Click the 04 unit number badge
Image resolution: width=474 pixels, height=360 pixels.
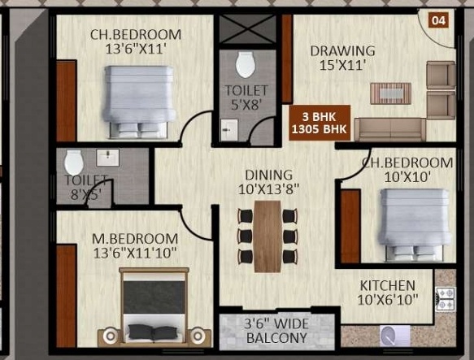438,20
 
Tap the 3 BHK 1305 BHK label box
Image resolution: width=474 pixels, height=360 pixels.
320,123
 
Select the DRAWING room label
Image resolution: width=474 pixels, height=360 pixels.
343,50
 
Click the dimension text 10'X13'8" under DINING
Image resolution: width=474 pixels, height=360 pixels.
269,189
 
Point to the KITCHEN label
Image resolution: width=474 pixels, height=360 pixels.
388,285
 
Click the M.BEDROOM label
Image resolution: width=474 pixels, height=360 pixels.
135,239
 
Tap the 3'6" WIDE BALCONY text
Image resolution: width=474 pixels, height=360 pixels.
276,331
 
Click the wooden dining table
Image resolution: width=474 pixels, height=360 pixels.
267,236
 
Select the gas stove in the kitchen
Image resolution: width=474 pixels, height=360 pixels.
446,298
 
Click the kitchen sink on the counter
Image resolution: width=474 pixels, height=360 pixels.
395,336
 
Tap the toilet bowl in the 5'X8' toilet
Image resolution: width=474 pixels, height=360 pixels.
246,65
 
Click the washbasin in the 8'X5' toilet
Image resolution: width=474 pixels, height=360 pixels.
107,158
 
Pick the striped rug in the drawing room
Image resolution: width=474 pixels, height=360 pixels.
391,93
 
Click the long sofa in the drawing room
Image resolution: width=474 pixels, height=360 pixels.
390,130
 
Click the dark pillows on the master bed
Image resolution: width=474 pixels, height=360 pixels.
154,332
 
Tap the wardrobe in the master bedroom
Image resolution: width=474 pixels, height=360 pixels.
66,296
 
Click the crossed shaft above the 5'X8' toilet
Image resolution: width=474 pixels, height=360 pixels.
247,29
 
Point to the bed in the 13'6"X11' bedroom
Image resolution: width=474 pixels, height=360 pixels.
139,102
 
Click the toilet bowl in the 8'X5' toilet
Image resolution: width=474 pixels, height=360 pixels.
74,162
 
